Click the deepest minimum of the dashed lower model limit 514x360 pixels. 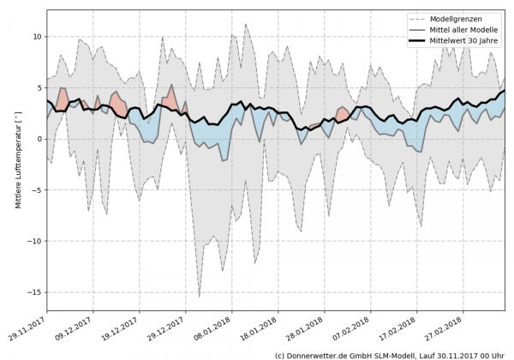tap(200, 297)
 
